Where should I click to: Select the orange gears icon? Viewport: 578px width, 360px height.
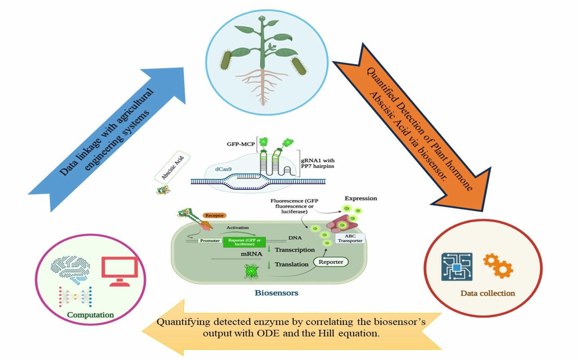pyautogui.click(x=498, y=266)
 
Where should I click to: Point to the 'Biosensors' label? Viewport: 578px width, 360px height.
pyautogui.click(x=276, y=293)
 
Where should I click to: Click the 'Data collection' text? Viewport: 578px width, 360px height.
pyautogui.click(x=487, y=293)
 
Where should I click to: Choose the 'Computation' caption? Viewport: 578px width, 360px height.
pyautogui.click(x=90, y=315)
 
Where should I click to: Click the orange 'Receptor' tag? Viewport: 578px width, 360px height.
pyautogui.click(x=214, y=216)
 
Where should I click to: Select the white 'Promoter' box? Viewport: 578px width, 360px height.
pyautogui.click(x=210, y=241)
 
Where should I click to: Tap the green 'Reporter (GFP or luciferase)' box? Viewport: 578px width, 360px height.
pyautogui.click(x=244, y=242)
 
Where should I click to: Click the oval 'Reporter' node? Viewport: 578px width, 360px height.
pyautogui.click(x=331, y=262)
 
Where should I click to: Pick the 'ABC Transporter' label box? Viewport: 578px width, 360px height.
pyautogui.click(x=350, y=238)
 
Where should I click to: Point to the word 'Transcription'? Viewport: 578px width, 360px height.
pyautogui.click(x=294, y=250)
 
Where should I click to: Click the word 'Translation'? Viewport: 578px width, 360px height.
pyautogui.click(x=291, y=264)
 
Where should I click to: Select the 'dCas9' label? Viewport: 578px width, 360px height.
pyautogui.click(x=223, y=169)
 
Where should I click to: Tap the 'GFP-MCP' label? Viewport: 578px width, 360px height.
pyautogui.click(x=241, y=144)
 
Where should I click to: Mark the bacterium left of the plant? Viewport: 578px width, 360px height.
pyautogui.click(x=227, y=60)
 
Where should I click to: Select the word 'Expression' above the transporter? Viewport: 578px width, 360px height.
pyautogui.click(x=360, y=198)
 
